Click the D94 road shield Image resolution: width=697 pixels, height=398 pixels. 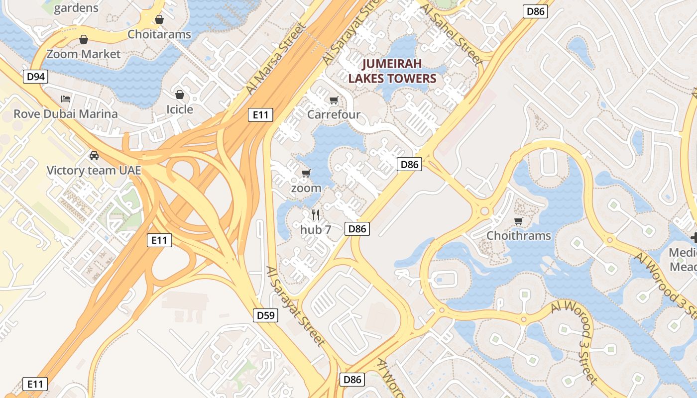[35, 77]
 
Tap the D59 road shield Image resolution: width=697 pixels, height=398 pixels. [265, 315]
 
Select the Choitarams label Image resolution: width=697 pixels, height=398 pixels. [159, 34]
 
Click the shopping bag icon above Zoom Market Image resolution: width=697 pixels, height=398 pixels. [84, 39]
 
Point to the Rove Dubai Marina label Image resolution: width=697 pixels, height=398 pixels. [66, 114]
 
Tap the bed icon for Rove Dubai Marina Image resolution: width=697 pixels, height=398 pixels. [65, 99]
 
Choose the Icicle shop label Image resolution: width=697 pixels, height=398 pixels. [180, 109]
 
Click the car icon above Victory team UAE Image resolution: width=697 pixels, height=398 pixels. [94, 156]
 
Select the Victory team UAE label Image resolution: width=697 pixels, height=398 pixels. [94, 171]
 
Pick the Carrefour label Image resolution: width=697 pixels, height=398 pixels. [334, 115]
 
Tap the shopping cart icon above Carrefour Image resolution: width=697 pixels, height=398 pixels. [334, 100]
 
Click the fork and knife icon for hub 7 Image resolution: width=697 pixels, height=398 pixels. [315, 214]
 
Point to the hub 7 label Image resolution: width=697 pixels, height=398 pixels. [316, 229]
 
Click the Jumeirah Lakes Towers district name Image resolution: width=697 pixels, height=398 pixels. [392, 71]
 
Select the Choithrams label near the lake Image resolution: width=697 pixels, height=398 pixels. [519, 236]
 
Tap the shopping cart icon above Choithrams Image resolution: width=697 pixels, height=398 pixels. [519, 221]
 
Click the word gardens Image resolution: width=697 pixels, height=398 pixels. [76, 8]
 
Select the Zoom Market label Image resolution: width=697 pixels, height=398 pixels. [84, 54]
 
